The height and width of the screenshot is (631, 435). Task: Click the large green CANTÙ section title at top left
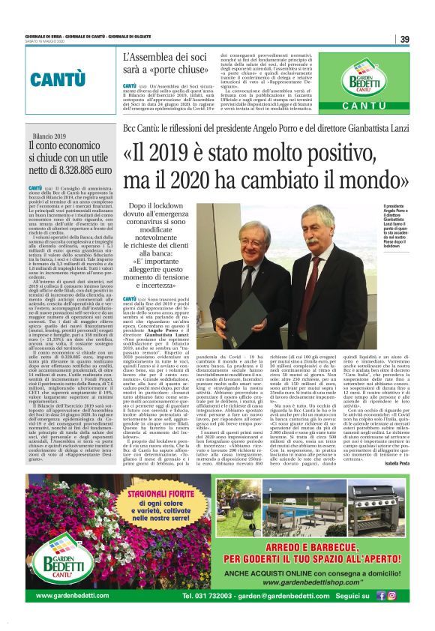[57, 79]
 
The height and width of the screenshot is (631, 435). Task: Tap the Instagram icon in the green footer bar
[392, 596]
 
